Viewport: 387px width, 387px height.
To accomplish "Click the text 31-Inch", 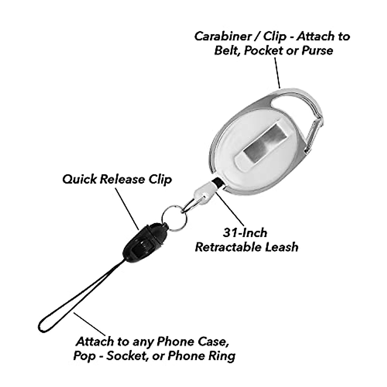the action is (245, 233).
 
